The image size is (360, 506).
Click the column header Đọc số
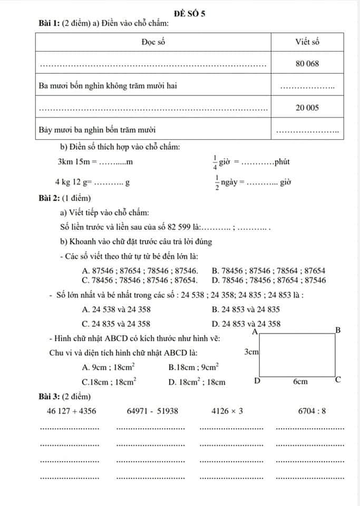[x=153, y=42]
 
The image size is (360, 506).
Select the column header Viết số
[x=307, y=42]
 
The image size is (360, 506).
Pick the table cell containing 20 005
[x=307, y=108]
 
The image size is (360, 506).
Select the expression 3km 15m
[x=74, y=161]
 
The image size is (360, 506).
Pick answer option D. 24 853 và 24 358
[x=246, y=324]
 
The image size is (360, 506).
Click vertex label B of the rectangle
[x=339, y=330]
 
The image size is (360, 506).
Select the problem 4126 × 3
[x=227, y=411]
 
